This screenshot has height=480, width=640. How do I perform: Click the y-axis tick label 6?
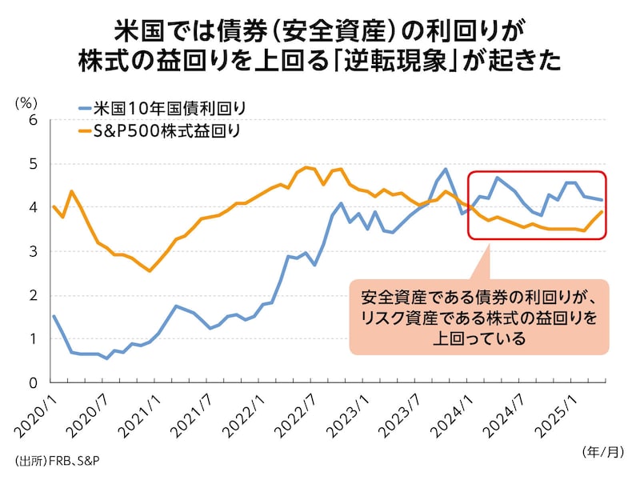point(33,120)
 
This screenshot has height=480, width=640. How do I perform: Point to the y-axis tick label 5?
point(33,164)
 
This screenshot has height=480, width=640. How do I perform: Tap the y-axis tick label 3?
point(33,251)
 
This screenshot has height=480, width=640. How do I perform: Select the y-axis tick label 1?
point(33,338)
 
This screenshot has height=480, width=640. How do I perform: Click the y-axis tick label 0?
point(33,382)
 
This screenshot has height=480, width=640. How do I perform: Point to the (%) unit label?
point(26,102)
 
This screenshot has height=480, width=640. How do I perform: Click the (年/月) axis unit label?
point(602,451)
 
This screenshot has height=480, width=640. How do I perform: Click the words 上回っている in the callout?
point(479,338)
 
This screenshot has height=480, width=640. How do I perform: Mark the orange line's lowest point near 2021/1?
point(150,271)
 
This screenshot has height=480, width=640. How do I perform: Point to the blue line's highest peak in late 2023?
point(446,169)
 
